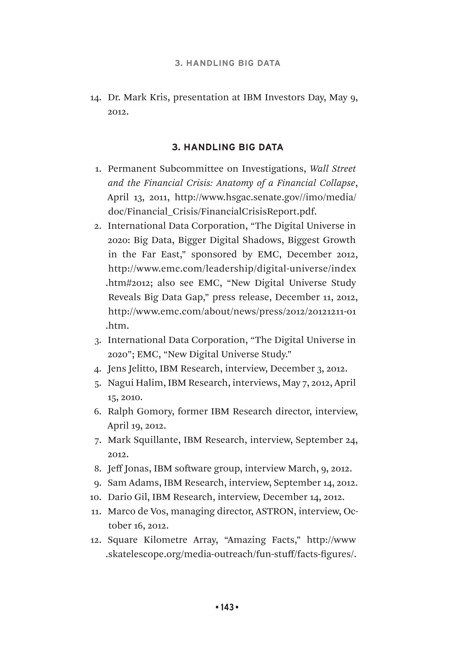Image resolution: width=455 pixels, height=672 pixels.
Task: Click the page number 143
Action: point(227,607)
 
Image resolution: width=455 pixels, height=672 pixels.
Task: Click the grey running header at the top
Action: point(227,63)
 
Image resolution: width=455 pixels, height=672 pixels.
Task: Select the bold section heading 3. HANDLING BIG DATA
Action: point(227,147)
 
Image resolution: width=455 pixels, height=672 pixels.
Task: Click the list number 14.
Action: point(95,98)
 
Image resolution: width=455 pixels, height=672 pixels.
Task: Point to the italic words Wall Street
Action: point(332,169)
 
